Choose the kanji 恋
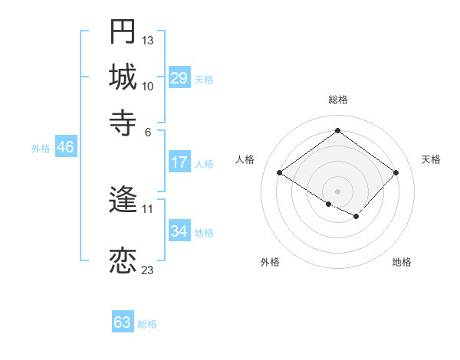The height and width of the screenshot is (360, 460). pyautogui.click(x=123, y=260)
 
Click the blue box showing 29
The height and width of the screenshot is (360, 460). pyautogui.click(x=179, y=78)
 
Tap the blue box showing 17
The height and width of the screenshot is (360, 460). pyautogui.click(x=179, y=162)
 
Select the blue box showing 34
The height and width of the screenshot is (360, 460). pyautogui.click(x=179, y=231)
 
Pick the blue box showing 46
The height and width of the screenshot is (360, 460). pyautogui.click(x=65, y=148)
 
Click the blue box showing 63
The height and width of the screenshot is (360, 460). pyautogui.click(x=122, y=322)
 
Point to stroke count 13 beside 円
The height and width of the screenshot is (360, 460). pyautogui.click(x=148, y=40)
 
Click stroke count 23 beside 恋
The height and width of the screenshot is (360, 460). pyautogui.click(x=148, y=270)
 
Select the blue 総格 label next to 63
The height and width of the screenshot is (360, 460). pyautogui.click(x=147, y=324)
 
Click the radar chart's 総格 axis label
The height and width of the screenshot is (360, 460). pyautogui.click(x=337, y=100)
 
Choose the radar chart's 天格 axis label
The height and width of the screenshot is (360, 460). pyautogui.click(x=431, y=159)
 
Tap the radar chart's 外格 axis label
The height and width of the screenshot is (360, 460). pyautogui.click(x=270, y=262)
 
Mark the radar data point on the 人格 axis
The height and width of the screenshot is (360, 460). pyautogui.click(x=280, y=173)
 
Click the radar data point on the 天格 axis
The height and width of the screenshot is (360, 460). pyautogui.click(x=396, y=172)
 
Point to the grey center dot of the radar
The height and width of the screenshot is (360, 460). pyautogui.click(x=337, y=191)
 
